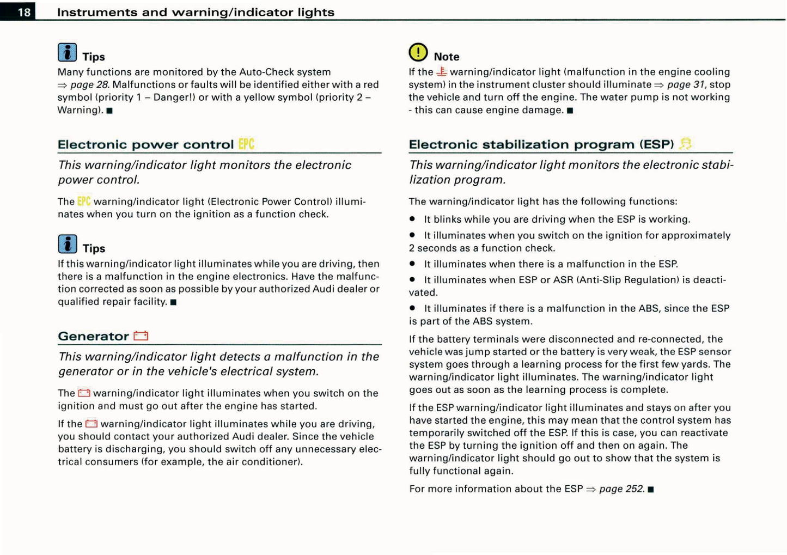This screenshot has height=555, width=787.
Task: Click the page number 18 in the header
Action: [24, 12]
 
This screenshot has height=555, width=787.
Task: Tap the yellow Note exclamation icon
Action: [418, 52]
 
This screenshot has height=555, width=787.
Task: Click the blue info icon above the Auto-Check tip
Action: [68, 52]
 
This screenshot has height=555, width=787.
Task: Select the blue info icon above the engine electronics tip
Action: [68, 244]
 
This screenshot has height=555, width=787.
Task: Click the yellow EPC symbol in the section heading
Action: [246, 144]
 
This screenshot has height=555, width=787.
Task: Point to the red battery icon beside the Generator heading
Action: [141, 336]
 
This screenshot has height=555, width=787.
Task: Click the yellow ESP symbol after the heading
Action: [686, 144]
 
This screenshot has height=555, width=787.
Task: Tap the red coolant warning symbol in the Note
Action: [442, 71]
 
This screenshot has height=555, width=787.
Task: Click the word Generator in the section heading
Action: [93, 337]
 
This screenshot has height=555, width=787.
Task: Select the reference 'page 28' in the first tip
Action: [89, 84]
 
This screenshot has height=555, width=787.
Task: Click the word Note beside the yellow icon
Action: [447, 57]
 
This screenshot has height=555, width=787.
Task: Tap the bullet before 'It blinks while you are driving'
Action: [412, 219]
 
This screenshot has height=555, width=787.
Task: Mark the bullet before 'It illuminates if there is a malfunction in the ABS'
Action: [412, 308]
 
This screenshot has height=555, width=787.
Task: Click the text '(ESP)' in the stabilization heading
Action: [656, 144]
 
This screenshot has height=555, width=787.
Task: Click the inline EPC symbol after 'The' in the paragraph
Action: [84, 202]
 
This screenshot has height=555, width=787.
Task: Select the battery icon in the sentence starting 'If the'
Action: [91, 424]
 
